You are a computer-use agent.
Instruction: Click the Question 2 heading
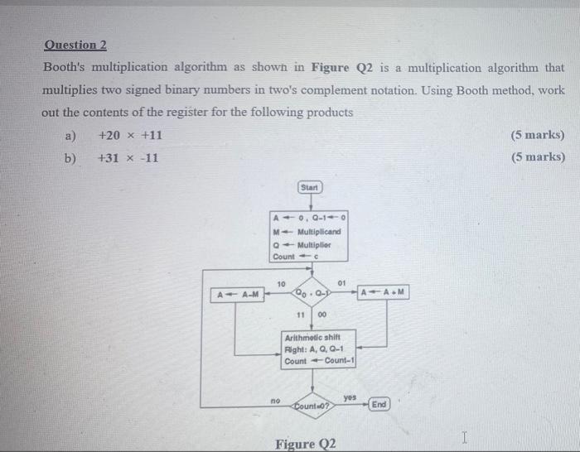75,46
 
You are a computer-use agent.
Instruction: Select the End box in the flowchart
379,404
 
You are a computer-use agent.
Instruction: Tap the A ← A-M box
238,294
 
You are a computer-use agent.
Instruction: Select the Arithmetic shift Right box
318,350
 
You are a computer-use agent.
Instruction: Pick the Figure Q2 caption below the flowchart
306,444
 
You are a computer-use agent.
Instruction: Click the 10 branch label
281,283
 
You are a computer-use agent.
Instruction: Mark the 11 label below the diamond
302,315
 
